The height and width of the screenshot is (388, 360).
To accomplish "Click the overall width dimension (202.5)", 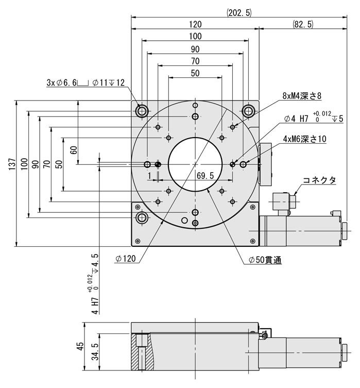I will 238,13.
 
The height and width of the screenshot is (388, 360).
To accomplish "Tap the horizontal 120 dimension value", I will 195,24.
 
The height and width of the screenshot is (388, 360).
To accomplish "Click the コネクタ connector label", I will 319,180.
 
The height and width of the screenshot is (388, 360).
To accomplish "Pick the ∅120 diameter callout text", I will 126,259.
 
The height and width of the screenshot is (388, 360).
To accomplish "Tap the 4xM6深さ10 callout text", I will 304,139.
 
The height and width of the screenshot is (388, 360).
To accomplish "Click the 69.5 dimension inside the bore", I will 205,176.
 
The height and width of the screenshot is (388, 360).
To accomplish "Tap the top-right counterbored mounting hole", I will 249,110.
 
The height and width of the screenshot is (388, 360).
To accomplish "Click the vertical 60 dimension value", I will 74,150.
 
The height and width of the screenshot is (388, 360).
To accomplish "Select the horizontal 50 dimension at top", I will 195,73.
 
